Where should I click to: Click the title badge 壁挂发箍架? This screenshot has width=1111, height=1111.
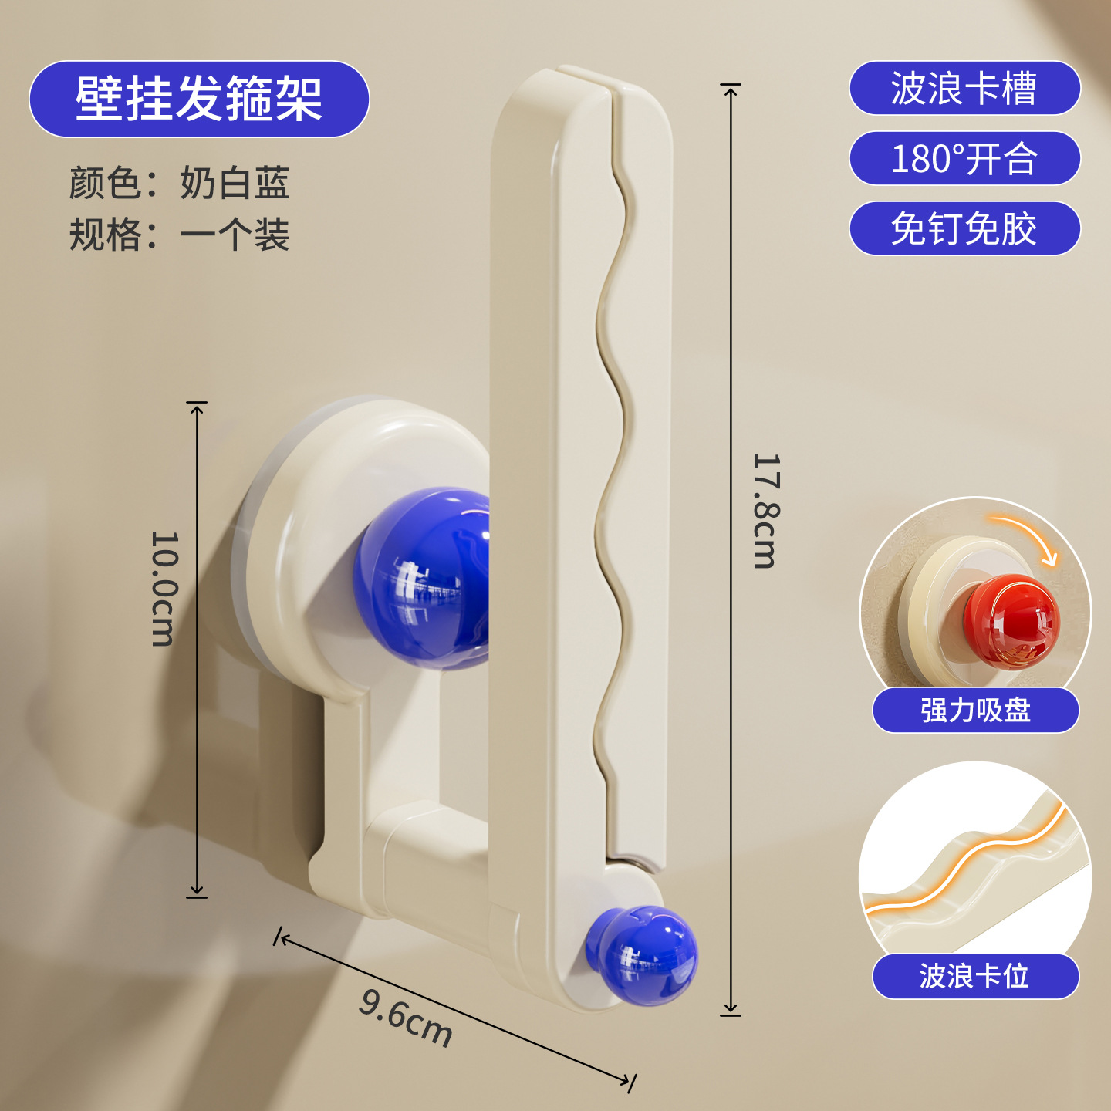pos(199,99)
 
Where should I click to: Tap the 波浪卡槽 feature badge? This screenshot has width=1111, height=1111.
pos(964,88)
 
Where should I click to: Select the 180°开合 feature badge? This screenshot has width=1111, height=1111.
pos(964,158)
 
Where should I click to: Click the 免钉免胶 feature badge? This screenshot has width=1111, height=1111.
pos(964,228)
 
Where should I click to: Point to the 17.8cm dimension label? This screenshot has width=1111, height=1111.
pos(767,511)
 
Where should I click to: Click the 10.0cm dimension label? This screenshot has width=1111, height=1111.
pos(164,589)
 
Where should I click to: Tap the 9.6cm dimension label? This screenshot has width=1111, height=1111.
pos(405,1025)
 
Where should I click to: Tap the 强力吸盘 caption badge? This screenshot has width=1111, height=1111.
pos(975,711)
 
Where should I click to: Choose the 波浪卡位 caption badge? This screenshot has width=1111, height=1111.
pos(975,976)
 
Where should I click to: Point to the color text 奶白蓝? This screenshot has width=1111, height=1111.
pos(235,184)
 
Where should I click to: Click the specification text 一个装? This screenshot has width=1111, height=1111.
pos(235,234)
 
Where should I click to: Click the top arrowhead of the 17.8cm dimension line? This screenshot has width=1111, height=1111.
pos(731,89)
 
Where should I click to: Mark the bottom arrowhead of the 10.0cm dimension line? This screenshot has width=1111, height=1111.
pos(197,891)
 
